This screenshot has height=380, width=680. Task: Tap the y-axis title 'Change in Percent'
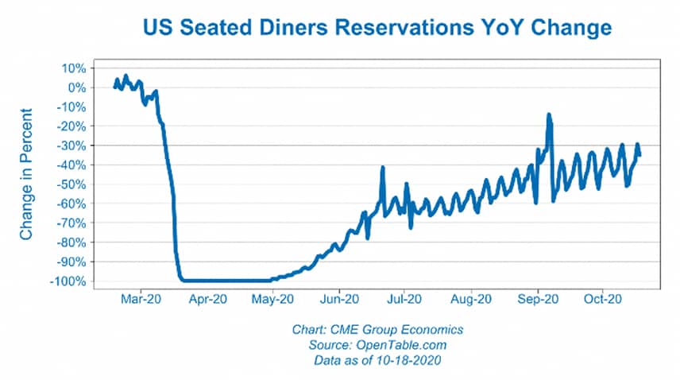[27, 174]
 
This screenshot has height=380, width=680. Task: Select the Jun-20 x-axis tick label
[339, 300]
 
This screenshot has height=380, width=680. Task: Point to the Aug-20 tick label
[470, 300]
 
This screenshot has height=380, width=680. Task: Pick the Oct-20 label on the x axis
[602, 300]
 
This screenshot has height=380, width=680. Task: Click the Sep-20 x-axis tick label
[537, 300]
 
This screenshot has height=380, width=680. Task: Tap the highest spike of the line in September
[549, 115]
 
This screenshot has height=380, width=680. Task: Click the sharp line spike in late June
[383, 168]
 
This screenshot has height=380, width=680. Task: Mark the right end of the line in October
[639, 154]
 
